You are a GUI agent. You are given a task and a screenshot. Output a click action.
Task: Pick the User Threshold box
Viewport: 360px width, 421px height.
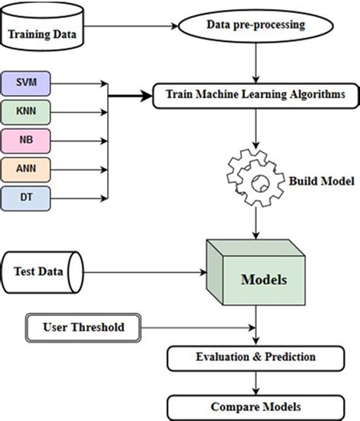pyautogui.click(x=84, y=328)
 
